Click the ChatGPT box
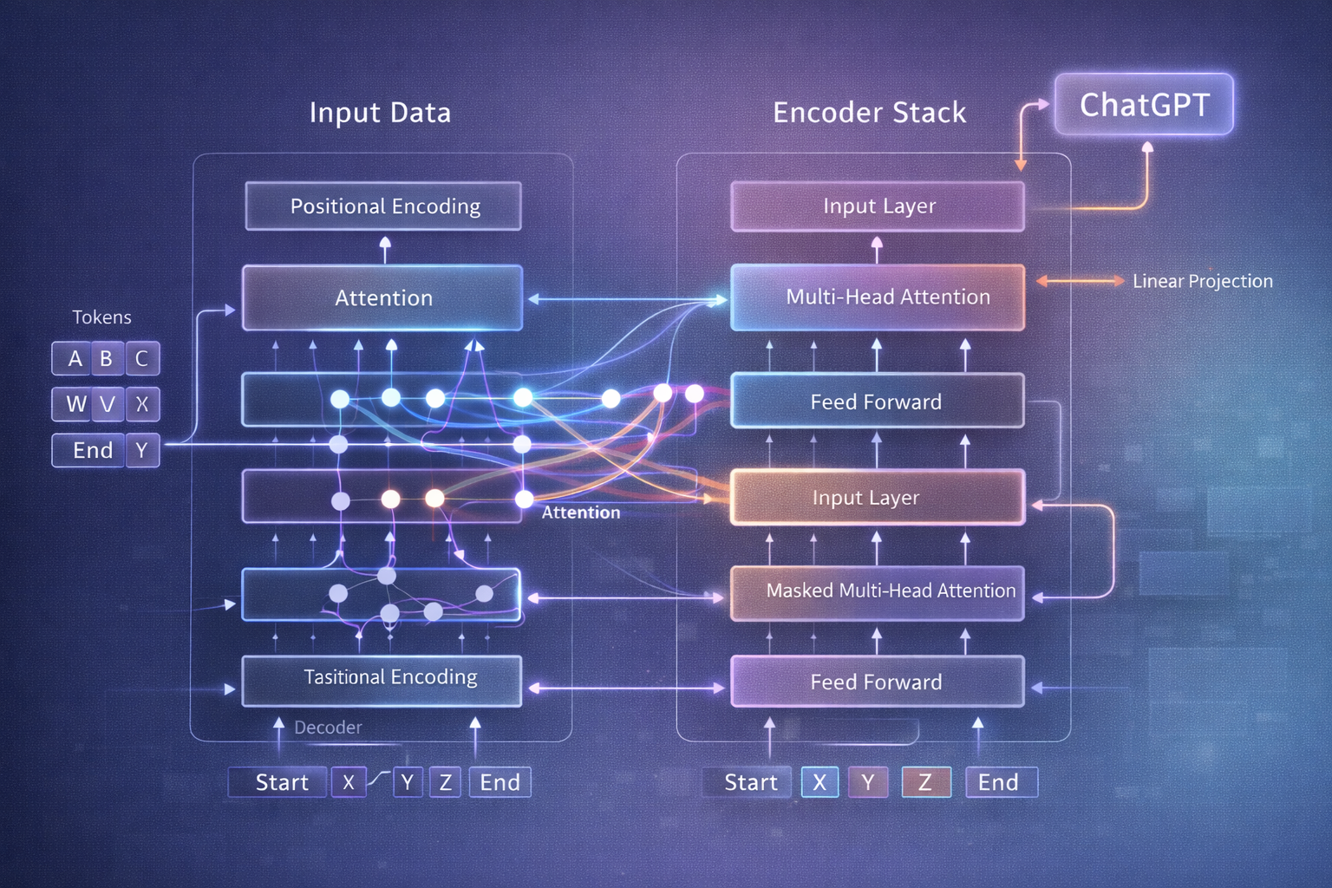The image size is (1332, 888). point(1144,105)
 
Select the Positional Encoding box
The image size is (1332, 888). point(383,206)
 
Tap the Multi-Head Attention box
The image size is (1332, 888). point(878,297)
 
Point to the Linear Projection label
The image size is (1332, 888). point(1202,281)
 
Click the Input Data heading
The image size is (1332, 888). point(380,113)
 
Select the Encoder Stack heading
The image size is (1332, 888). point(869,113)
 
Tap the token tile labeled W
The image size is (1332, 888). point(75,404)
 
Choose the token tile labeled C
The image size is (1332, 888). point(142,358)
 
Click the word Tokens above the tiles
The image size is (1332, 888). point(101,317)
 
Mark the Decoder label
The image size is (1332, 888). point(328,728)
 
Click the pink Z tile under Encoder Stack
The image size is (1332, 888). point(925,782)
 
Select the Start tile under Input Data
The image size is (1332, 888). point(280,782)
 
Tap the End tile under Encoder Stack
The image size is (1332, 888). point(999,782)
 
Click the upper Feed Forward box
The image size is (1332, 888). point(877,402)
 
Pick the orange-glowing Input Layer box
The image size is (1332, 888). point(877,498)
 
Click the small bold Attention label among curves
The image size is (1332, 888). point(581,513)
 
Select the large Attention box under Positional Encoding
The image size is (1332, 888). point(382,298)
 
